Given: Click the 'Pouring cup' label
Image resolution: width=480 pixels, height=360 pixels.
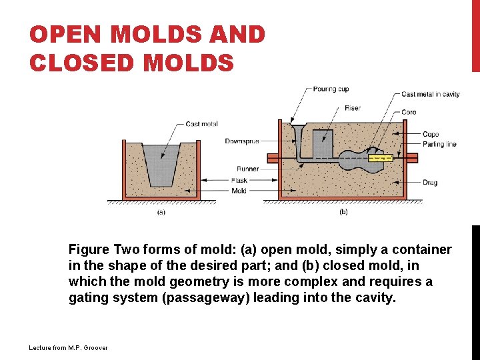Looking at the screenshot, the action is [x=331, y=89].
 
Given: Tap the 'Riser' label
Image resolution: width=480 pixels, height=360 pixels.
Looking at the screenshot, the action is [x=352, y=108].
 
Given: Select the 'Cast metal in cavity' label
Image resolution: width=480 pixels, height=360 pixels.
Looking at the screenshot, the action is [x=431, y=95].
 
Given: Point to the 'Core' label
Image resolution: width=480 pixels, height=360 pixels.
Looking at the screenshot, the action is [x=409, y=112].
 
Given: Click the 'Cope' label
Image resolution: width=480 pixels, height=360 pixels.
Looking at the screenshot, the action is [x=431, y=135].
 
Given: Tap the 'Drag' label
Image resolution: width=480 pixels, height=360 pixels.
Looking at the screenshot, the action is [x=430, y=183].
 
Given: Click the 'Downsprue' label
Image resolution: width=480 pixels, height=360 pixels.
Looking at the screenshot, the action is [x=241, y=141].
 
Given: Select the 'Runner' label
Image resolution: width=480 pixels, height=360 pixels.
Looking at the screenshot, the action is [x=248, y=169].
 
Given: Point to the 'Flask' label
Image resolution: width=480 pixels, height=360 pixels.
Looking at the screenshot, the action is [x=239, y=180].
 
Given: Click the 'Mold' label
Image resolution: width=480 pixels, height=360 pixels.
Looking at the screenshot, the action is [x=239, y=191].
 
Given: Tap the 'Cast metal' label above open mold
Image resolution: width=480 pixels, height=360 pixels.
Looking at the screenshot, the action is [x=201, y=124].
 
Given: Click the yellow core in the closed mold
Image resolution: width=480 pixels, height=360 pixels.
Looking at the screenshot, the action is [x=380, y=159].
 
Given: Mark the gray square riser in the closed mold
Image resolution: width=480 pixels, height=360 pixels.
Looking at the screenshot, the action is [x=323, y=143].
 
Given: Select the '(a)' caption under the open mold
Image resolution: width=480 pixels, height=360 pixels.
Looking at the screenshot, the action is [x=161, y=212].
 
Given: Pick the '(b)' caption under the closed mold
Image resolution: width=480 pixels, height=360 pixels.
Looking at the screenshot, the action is [x=343, y=212].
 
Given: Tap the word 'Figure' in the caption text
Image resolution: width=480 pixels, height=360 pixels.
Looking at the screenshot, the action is [x=89, y=250].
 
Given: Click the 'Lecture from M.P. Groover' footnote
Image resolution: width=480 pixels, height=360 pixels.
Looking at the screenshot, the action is [x=69, y=347].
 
